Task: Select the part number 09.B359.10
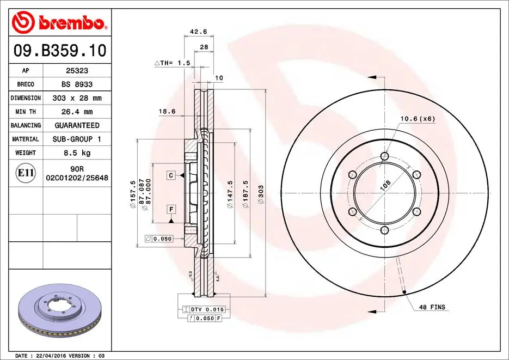coord(59,51)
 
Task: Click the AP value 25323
coord(77,71)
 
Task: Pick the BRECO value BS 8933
coord(77,84)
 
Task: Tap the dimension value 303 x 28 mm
coord(77,98)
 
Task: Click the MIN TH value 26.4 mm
coord(77,112)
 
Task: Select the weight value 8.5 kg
coord(77,153)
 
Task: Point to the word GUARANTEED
coord(77,125)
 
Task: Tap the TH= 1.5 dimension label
coord(173,63)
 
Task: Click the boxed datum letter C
coord(171,175)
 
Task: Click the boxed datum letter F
coord(171,209)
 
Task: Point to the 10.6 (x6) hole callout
coord(418,118)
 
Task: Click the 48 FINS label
coord(432,308)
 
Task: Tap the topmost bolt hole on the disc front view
coord(385,157)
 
